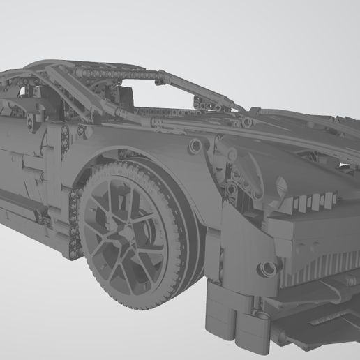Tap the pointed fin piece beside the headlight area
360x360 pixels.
(280, 187)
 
